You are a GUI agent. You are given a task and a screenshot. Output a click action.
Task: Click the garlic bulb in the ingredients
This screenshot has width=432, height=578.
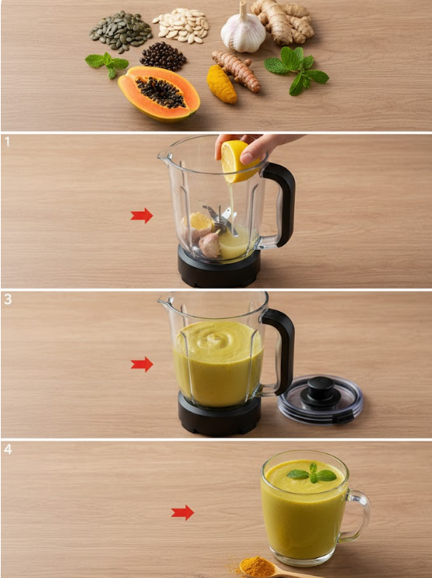click(x=243, y=32)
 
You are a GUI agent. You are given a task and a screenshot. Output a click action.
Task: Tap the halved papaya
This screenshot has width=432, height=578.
click(x=159, y=94)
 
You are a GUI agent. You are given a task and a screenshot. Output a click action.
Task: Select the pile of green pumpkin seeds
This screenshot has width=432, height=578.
click(x=121, y=32)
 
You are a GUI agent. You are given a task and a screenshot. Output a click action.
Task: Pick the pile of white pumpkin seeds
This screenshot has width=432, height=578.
click(x=180, y=25)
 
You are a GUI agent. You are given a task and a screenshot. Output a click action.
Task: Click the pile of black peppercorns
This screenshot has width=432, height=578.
click(x=163, y=56)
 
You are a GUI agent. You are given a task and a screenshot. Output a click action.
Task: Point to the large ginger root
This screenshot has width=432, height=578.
click(x=283, y=22)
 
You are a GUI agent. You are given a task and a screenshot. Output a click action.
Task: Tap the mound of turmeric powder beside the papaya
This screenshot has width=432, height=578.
click(x=221, y=84)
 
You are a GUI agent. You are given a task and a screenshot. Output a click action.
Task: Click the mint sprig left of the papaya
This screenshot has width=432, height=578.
click(x=107, y=63)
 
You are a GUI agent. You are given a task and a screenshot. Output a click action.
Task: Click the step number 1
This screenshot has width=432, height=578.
click(x=7, y=142)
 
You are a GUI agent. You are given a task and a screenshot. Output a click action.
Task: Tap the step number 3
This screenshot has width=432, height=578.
click(x=8, y=299)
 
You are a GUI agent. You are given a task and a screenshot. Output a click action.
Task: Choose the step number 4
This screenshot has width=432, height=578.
click(x=8, y=450)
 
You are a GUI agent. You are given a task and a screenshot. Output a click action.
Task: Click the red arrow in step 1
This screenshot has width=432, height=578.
click(x=142, y=216)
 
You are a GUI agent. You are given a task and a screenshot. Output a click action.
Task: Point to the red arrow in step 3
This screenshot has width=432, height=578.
click(x=142, y=364)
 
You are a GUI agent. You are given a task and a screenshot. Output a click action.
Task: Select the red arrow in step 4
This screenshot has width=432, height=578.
click(x=183, y=513)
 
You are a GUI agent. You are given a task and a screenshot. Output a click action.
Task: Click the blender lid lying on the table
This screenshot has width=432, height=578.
click(x=321, y=399)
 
